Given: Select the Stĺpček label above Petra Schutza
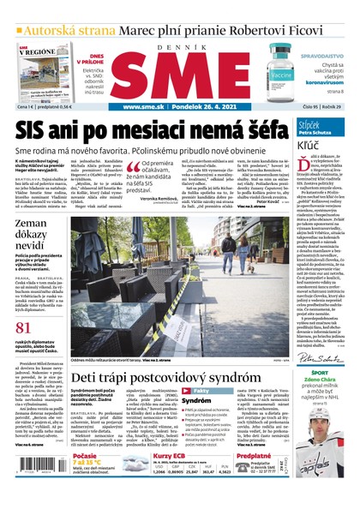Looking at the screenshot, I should (311, 125).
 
